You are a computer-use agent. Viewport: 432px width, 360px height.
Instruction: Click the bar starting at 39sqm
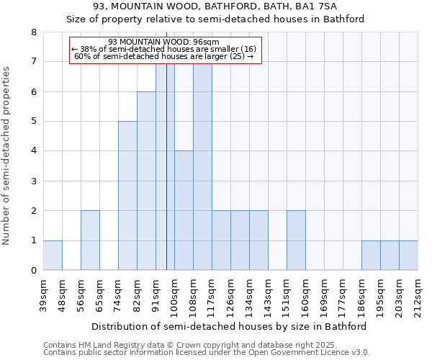point(53,256)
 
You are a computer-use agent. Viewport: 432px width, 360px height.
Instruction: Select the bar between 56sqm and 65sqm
point(90,240)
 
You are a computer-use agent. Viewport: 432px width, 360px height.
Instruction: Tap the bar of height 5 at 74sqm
point(127,196)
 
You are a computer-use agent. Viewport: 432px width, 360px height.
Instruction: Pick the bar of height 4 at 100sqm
point(184,210)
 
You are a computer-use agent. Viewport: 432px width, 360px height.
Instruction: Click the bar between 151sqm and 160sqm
point(296,240)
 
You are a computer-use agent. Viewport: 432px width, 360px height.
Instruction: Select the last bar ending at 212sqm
point(408,256)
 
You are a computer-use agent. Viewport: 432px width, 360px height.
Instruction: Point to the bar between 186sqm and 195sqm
point(371,256)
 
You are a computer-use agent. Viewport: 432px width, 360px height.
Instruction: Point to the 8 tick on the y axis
point(33,32)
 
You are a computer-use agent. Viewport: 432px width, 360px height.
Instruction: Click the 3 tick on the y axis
point(33,181)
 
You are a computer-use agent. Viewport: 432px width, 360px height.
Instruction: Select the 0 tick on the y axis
point(33,271)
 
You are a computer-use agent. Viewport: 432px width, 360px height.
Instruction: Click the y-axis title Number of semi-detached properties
point(6,156)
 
